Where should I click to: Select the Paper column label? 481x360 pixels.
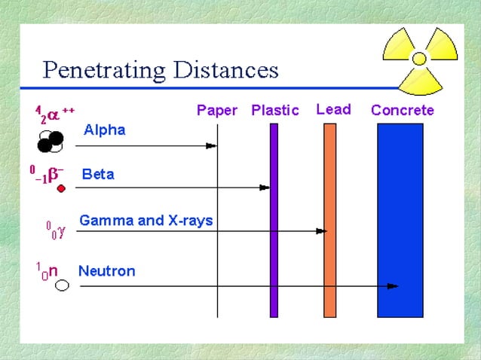tap(216, 111)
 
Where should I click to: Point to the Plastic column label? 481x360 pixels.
tap(274, 111)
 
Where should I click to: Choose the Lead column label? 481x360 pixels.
tap(333, 109)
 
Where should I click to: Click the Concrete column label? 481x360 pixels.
tap(402, 111)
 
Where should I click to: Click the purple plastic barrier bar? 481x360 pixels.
tap(274, 218)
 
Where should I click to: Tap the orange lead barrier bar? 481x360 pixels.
tap(329, 218)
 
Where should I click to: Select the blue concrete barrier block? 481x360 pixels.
tap(400, 218)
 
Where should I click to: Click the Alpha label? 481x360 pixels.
tap(104, 130)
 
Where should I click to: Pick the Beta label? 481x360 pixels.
tap(98, 175)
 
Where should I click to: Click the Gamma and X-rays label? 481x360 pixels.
tap(146, 221)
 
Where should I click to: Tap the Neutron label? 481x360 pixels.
tap(107, 270)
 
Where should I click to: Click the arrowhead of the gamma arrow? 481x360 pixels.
tap(321, 230)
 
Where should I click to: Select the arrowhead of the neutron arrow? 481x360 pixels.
tap(392, 286)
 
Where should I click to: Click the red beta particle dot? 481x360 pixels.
tap(62, 188)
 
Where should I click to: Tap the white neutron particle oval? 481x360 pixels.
tap(62, 285)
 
